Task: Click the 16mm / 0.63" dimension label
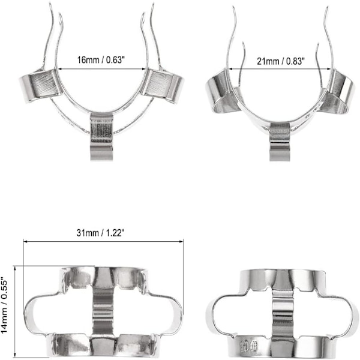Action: [x=101, y=59]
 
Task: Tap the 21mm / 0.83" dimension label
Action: [x=281, y=61]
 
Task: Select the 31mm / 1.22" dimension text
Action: [x=101, y=233]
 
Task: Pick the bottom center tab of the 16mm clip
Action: [x=101, y=137]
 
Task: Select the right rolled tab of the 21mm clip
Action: [x=335, y=94]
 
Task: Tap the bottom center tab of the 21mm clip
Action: [x=280, y=142]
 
